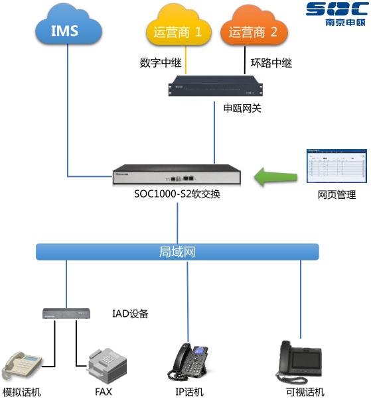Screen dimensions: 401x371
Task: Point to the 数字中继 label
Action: point(157,64)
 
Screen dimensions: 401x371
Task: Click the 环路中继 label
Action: point(271,64)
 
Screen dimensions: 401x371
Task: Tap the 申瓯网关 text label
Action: point(242,108)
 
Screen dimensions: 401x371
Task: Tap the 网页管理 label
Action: point(336,195)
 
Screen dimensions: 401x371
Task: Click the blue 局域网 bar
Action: point(177,252)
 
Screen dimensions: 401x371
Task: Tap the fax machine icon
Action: point(105,365)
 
